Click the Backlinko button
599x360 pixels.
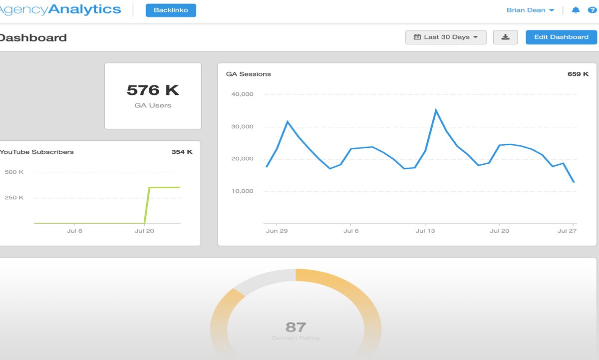tap(171, 10)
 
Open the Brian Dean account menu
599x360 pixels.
tap(530, 10)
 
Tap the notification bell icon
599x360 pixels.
tap(576, 10)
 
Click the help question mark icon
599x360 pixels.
tap(592, 10)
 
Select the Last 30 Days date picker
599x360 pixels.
tap(446, 37)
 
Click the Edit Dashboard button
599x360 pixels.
tap(561, 37)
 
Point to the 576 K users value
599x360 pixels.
tap(153, 90)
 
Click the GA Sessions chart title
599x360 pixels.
tap(249, 74)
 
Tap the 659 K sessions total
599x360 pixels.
tap(578, 74)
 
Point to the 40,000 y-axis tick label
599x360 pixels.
tap(243, 94)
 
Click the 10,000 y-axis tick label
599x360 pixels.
tap(243, 191)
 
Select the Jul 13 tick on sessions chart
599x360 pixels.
tap(425, 231)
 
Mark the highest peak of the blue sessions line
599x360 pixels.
tap(436, 110)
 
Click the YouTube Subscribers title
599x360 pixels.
tap(37, 152)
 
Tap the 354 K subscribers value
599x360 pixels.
tap(182, 152)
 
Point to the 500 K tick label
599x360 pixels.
tap(14, 172)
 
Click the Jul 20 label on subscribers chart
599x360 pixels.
tap(144, 231)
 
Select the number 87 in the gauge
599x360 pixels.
tap(296, 327)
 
